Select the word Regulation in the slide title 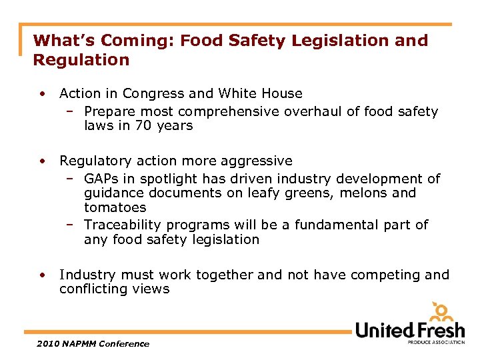coord(81,60)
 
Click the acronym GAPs coord(101,179)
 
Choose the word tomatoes coord(115,207)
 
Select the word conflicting coord(92,289)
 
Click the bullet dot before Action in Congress coord(42,94)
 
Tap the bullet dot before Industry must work coord(42,275)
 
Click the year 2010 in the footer coord(44,344)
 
